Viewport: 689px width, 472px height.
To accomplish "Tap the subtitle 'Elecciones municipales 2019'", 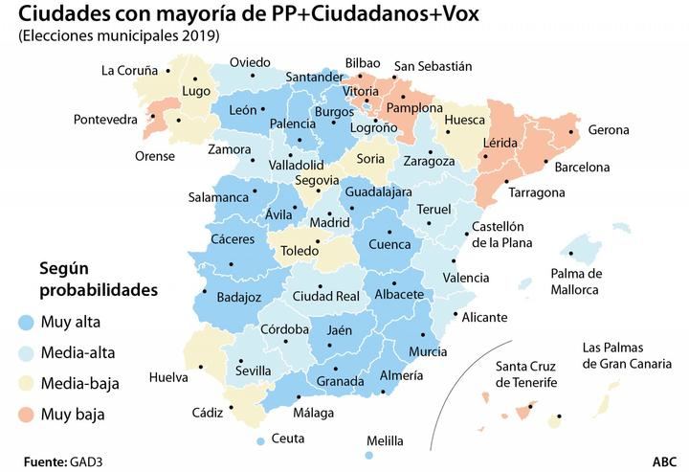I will [x=119, y=36].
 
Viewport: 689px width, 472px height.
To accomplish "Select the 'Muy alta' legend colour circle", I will [x=25, y=322].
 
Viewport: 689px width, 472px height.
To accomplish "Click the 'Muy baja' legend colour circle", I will [x=25, y=416].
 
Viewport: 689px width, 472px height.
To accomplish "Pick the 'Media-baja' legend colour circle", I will [x=25, y=384].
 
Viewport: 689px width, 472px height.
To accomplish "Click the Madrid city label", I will [x=330, y=222].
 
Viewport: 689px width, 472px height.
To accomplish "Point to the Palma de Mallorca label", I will [x=576, y=281].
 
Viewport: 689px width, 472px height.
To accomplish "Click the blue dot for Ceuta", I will [x=261, y=440].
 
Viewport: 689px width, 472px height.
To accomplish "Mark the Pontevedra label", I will [x=107, y=120].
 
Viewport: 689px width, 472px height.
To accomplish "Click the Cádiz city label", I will [x=207, y=413].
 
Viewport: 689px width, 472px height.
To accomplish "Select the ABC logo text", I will [x=665, y=461].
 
